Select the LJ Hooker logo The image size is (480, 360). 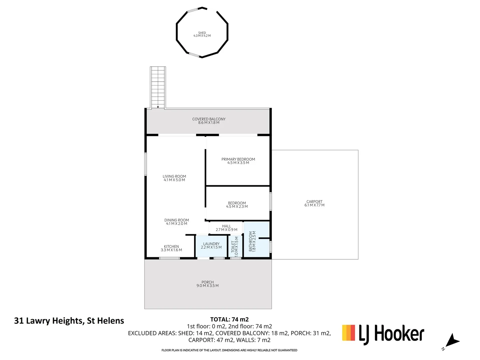[x=383, y=333]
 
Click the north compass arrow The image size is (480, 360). [x=452, y=341]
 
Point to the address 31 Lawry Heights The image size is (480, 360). [x=69, y=321]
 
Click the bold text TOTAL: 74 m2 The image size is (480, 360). [x=229, y=320]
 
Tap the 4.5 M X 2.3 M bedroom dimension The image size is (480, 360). [x=237, y=207]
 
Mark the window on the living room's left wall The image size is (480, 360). [x=145, y=164]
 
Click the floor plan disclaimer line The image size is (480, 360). [x=229, y=350]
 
